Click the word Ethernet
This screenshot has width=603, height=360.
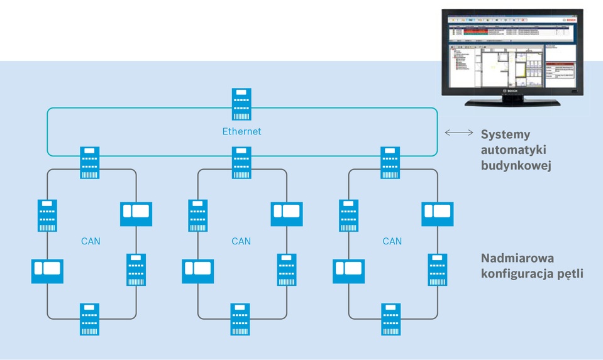241,132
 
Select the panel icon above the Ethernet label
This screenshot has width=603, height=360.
241,104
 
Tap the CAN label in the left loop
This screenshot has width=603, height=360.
91,241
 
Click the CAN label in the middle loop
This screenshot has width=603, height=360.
241,241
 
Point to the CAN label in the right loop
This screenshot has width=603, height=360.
392,241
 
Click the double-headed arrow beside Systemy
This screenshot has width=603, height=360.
459,133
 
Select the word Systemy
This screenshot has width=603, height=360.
506,134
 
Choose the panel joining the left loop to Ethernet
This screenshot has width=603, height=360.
91,162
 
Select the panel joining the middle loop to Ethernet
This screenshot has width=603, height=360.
241,162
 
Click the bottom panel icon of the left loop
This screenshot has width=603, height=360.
91,319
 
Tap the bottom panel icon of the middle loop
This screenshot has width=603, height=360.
241,319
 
